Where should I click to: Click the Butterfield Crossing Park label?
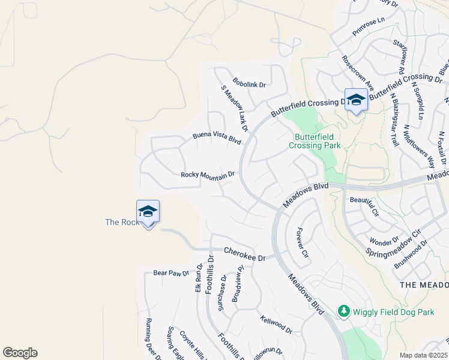click(315, 141)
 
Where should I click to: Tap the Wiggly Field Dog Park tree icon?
click(343, 311)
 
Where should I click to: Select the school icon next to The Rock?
click(148, 212)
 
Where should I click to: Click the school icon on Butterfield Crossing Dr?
click(356, 100)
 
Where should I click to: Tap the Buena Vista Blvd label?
click(217, 139)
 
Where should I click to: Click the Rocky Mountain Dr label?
click(207, 175)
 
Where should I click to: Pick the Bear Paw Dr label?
click(170, 273)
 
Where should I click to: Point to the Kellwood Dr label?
click(276, 325)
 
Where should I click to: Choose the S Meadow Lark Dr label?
click(234, 108)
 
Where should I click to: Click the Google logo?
click(20, 353)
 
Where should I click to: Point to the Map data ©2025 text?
click(424, 355)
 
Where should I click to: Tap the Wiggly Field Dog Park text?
click(393, 312)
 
